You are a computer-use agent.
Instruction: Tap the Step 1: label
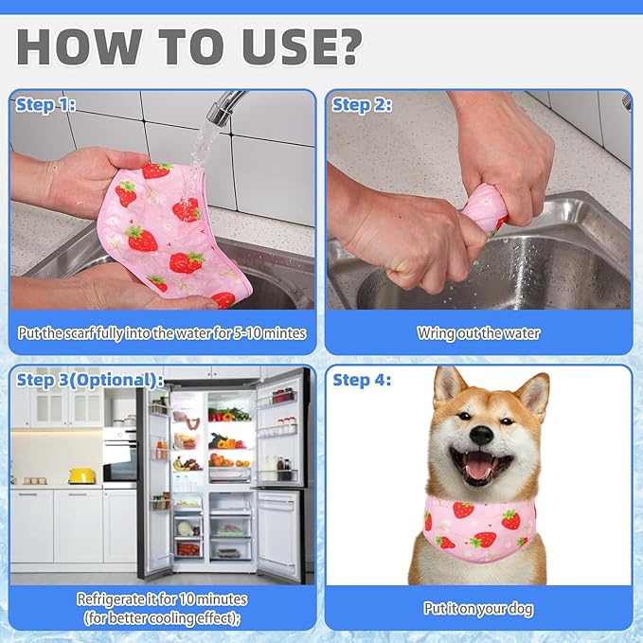coord(45,105)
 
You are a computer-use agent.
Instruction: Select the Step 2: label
coord(362,105)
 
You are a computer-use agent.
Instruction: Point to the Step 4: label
coord(362,380)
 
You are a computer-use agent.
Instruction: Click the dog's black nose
coord(481,435)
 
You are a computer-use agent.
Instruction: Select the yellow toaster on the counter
coord(81,475)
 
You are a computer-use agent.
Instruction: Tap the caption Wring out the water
coord(478,333)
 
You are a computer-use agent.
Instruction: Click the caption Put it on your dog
coord(478,609)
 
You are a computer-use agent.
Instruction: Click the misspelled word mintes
coord(284,333)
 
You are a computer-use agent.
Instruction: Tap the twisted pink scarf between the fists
coord(484,209)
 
